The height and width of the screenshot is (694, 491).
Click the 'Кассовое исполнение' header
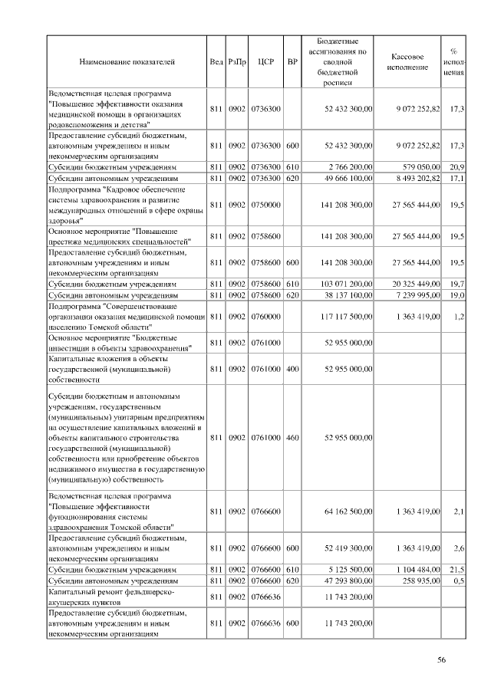pos(407,61)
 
